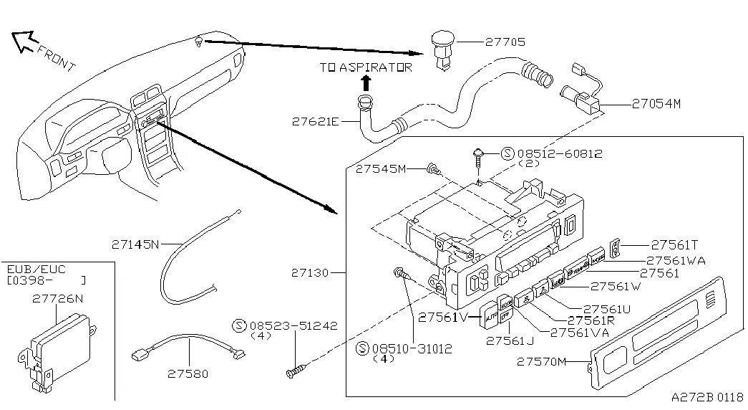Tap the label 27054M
[656, 103]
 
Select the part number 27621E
[315, 121]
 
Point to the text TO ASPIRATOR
[366, 67]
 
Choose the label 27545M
[380, 168]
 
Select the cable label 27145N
[135, 244]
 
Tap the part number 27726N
[57, 299]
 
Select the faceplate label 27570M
[541, 362]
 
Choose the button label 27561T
[673, 244]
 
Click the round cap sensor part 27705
[445, 45]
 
